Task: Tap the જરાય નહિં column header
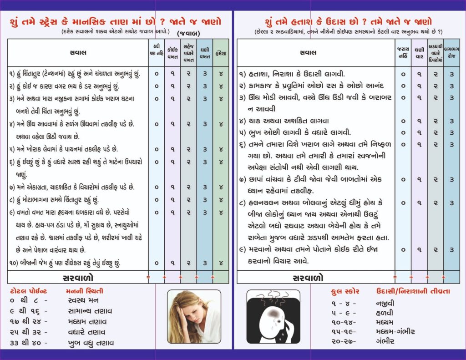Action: [403, 53]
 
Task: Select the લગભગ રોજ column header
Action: [451, 53]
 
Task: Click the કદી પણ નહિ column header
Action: [156, 53]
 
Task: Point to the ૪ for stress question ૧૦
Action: [221, 263]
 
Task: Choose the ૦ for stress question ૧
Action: [156, 73]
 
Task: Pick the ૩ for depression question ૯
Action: [451, 249]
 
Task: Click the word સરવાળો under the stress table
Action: [78, 277]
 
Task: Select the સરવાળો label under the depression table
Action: [308, 277]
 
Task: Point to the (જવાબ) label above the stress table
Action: [189, 33]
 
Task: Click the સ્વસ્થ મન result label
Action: [82, 300]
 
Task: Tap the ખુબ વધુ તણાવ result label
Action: [90, 343]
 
